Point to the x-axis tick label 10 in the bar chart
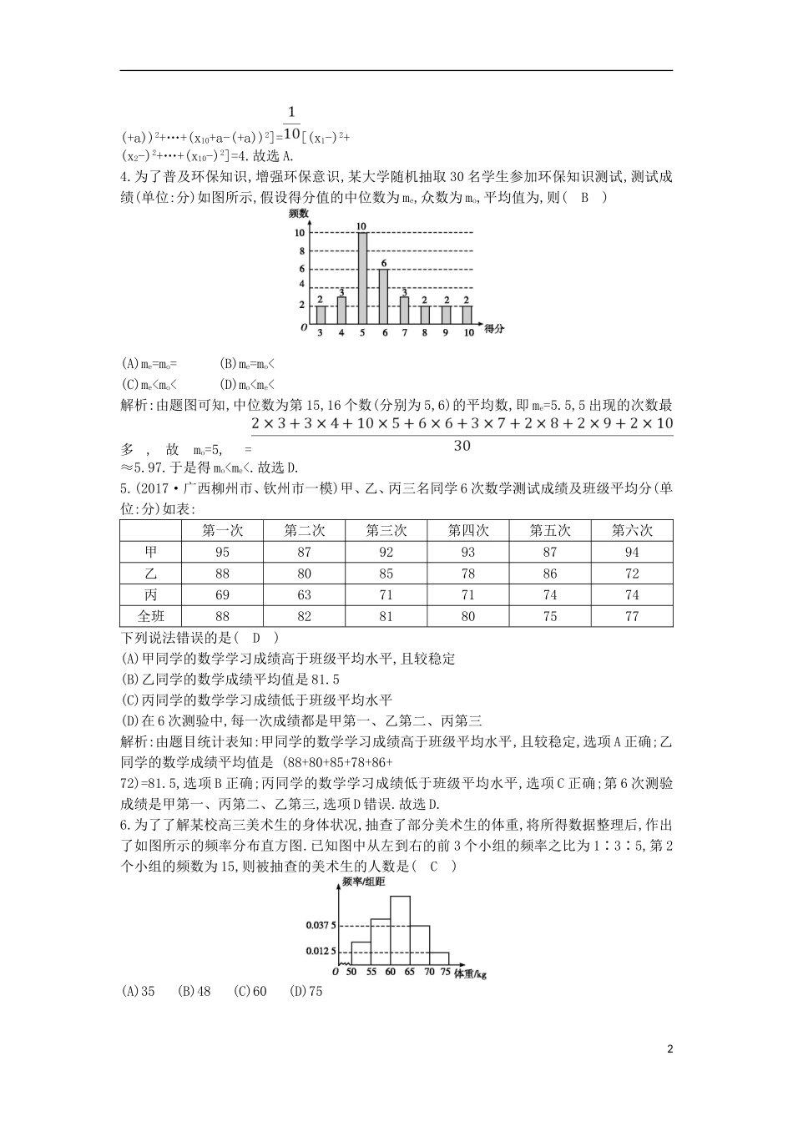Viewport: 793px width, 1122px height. [x=468, y=333]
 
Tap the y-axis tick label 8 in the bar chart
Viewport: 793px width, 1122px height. [x=302, y=250]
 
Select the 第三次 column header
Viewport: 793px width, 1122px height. [x=386, y=530]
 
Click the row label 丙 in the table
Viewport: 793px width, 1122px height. [x=151, y=595]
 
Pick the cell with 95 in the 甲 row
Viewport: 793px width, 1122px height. [x=222, y=552]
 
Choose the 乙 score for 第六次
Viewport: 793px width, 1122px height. [x=631, y=574]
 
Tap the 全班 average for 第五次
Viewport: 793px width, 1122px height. [x=549, y=616]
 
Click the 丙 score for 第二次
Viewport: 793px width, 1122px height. [x=304, y=595]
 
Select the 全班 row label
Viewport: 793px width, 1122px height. [x=151, y=616]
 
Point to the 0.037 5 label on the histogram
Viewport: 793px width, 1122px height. [x=320, y=926]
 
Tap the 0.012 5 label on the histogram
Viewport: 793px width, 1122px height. [x=320, y=951]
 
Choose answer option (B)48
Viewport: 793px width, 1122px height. [x=194, y=992]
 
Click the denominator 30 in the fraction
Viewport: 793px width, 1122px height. [x=462, y=446]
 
